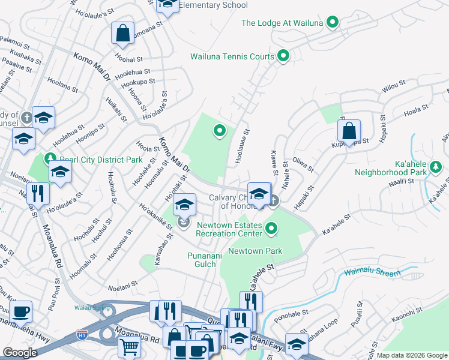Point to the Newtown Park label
click(x=255, y=251)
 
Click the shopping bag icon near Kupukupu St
click(x=349, y=131)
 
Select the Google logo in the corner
click(x=20, y=353)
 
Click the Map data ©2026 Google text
click(x=411, y=355)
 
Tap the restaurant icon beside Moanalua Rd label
click(x=38, y=194)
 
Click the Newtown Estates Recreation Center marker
click(x=272, y=228)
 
